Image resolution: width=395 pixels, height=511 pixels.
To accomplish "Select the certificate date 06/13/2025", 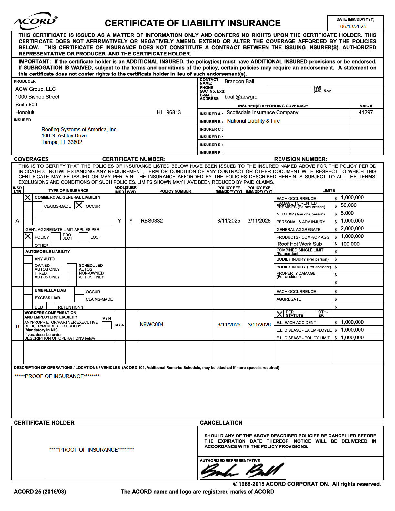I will click(x=353, y=26).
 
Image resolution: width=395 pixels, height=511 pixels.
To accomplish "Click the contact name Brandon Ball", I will click(x=239, y=81).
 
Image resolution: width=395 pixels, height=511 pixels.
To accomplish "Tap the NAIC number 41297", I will click(x=366, y=112).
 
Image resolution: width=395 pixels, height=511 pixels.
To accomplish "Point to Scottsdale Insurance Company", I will click(x=262, y=112).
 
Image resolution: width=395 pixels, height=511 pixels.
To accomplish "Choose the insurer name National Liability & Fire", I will click(x=253, y=121).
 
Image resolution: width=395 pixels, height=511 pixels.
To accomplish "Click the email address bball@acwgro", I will click(x=241, y=97).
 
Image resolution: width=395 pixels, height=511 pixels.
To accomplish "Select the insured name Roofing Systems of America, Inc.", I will click(x=79, y=129).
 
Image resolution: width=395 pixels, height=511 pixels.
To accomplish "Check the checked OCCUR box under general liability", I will click(x=79, y=205).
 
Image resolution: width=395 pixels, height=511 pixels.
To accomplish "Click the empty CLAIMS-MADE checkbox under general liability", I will click(x=37, y=205).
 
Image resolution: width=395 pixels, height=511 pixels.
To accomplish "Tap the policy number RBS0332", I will click(x=152, y=221).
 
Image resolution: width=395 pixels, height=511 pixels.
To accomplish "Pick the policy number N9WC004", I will click(x=151, y=324).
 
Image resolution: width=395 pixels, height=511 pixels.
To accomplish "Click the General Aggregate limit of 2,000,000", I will click(x=352, y=228).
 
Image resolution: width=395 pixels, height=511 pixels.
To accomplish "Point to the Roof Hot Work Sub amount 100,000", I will click(x=350, y=244).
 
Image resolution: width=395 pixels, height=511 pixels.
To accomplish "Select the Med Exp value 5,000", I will click(x=347, y=213).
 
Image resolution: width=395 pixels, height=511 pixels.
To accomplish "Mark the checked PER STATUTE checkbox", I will click(x=279, y=314).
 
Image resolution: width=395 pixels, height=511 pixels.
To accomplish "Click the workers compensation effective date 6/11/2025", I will click(x=229, y=325).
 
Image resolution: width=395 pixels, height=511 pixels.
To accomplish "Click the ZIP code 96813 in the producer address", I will click(x=174, y=112).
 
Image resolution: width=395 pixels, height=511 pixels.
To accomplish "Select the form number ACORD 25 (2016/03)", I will click(x=40, y=492).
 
